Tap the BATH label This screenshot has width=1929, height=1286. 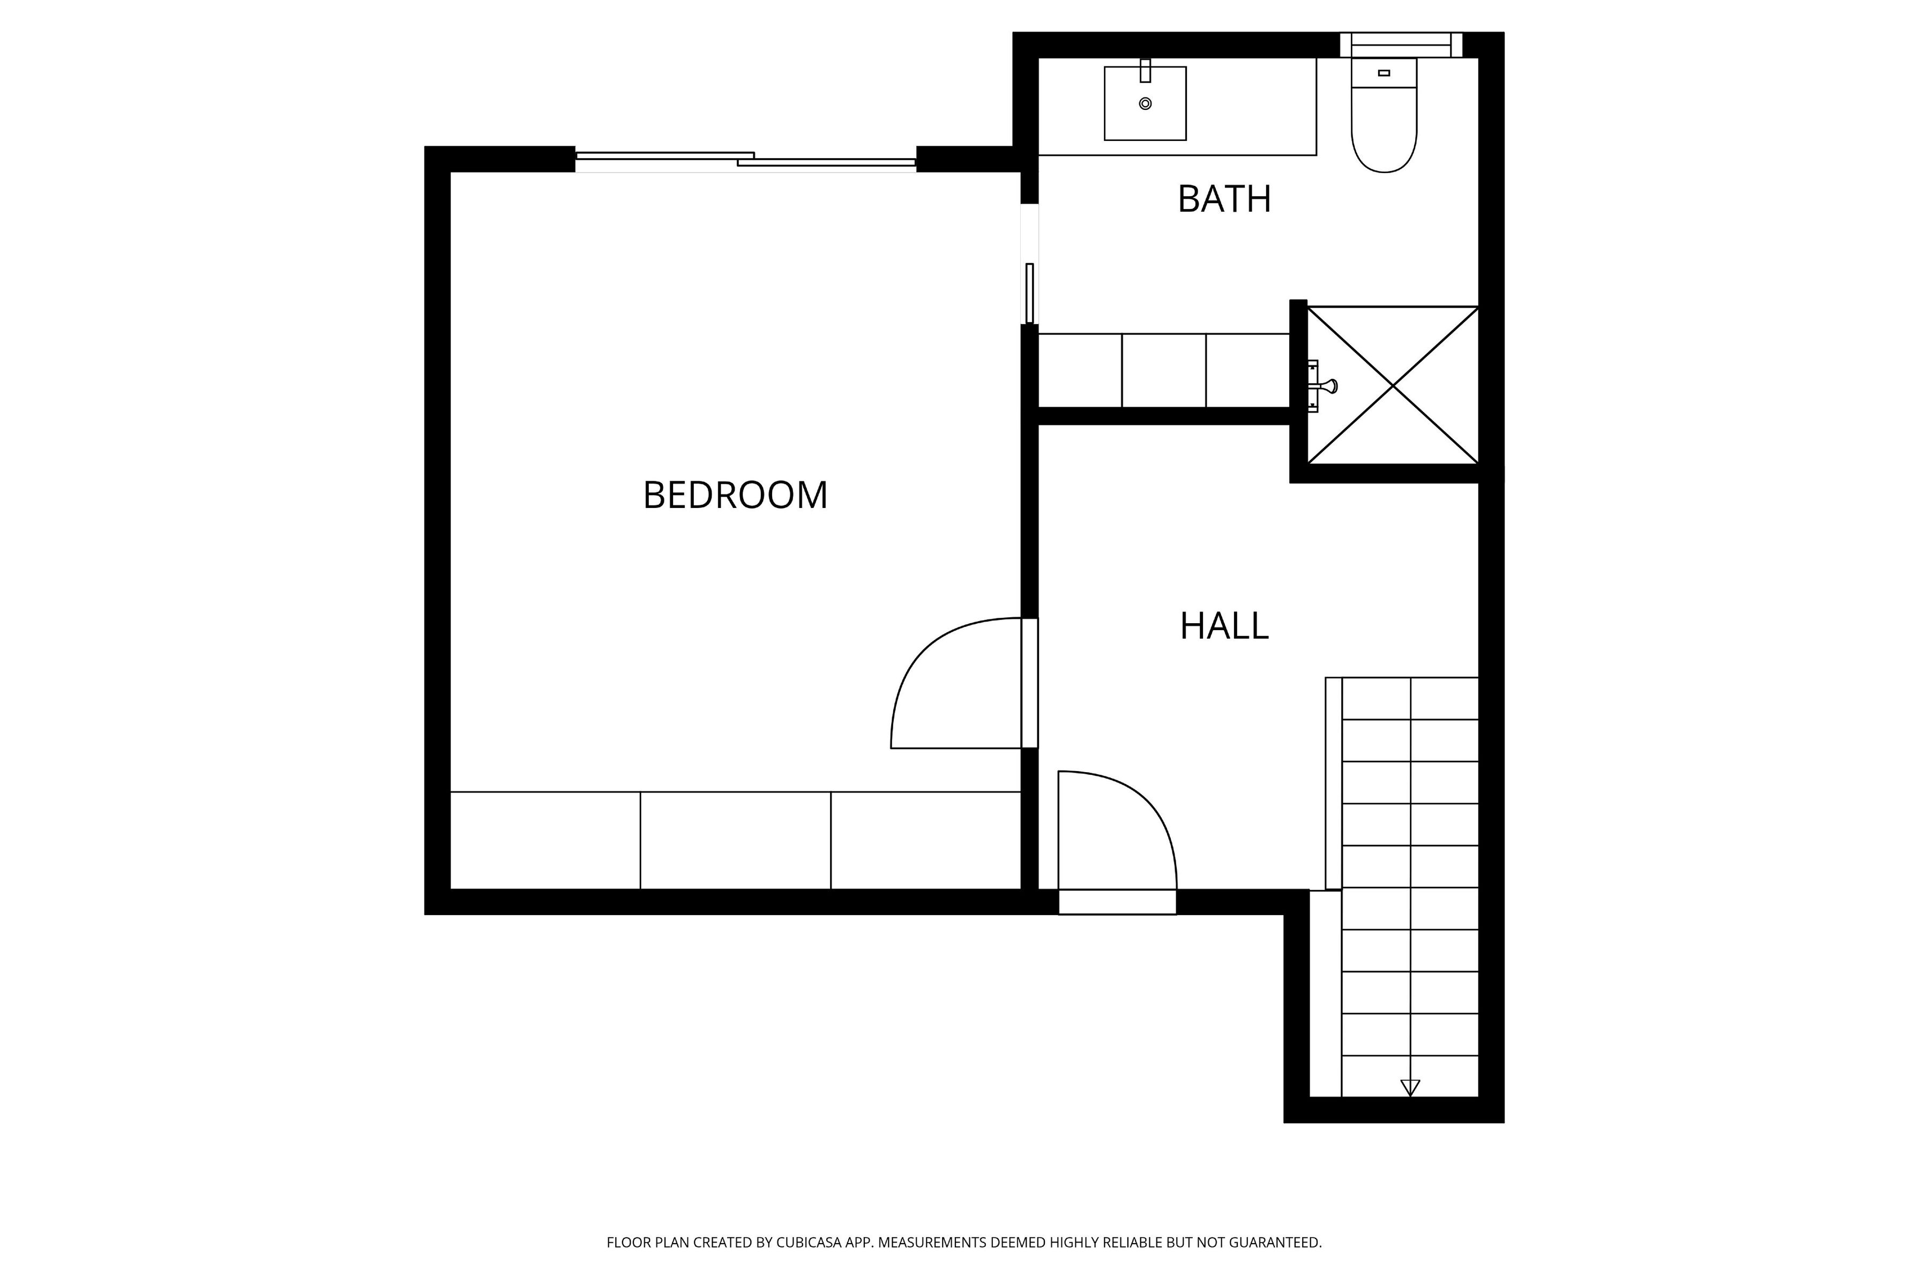1224,199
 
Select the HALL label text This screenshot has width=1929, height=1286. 1224,626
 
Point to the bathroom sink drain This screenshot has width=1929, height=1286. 1146,103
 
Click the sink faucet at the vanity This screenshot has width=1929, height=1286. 1146,71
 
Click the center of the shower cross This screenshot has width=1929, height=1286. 1393,385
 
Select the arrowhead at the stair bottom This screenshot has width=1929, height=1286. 1410,1088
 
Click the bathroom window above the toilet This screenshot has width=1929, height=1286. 1401,45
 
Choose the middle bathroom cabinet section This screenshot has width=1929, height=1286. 1164,371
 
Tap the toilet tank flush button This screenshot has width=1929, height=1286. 1385,73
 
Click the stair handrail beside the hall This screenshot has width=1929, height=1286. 1334,783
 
